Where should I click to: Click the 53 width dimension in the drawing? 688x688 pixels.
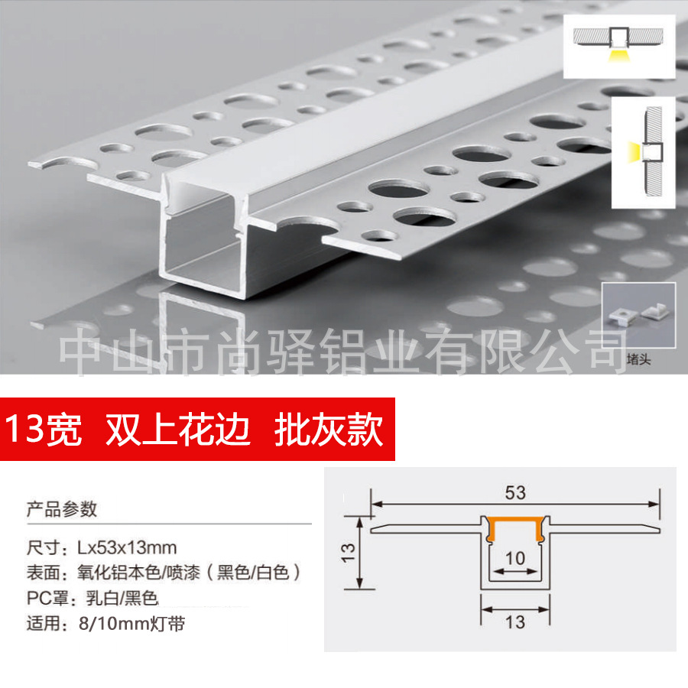[515, 492]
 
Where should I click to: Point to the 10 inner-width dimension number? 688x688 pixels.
[515, 558]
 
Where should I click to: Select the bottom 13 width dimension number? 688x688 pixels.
[515, 621]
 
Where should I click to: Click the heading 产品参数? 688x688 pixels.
[62, 508]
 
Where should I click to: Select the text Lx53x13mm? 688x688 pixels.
[127, 547]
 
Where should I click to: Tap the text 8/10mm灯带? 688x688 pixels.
[131, 624]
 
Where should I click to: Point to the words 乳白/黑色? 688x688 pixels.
[118, 598]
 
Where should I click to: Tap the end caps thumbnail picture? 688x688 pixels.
[638, 313]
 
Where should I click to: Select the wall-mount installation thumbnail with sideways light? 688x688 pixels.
[642, 153]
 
